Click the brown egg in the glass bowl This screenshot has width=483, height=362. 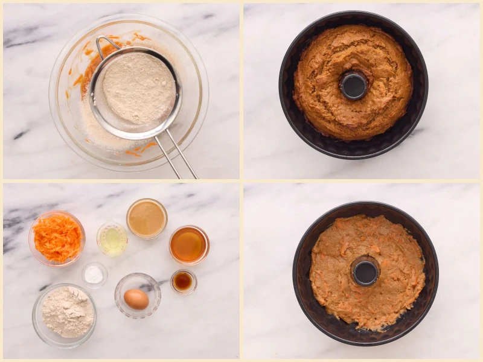tap(136, 299)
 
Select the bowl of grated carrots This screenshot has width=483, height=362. tap(57, 238)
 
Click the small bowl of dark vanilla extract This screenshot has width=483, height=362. tap(183, 281)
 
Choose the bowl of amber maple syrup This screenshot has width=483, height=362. tap(188, 244)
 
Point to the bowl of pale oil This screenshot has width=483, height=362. tap(112, 240)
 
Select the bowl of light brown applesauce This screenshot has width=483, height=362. tap(147, 218)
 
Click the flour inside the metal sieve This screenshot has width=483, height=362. tap(138, 87)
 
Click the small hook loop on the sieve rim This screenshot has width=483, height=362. tap(106, 43)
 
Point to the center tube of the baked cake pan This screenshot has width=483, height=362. tap(353, 85)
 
